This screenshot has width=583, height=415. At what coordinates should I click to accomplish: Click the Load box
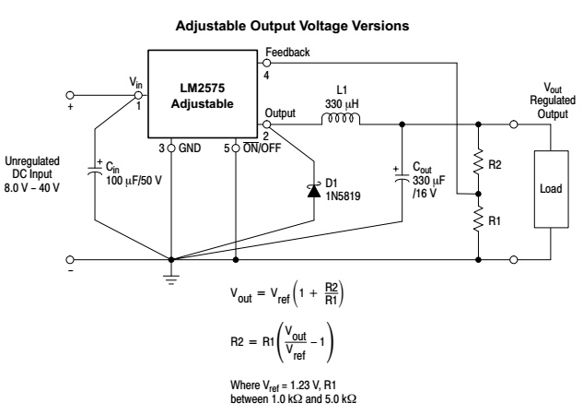[550, 187]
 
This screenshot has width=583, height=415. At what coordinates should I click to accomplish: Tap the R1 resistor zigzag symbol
[479, 220]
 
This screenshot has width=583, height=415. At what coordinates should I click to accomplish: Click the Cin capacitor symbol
[100, 170]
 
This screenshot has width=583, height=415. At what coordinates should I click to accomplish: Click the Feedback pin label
[286, 53]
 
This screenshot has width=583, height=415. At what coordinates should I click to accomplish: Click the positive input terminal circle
[70, 95]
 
